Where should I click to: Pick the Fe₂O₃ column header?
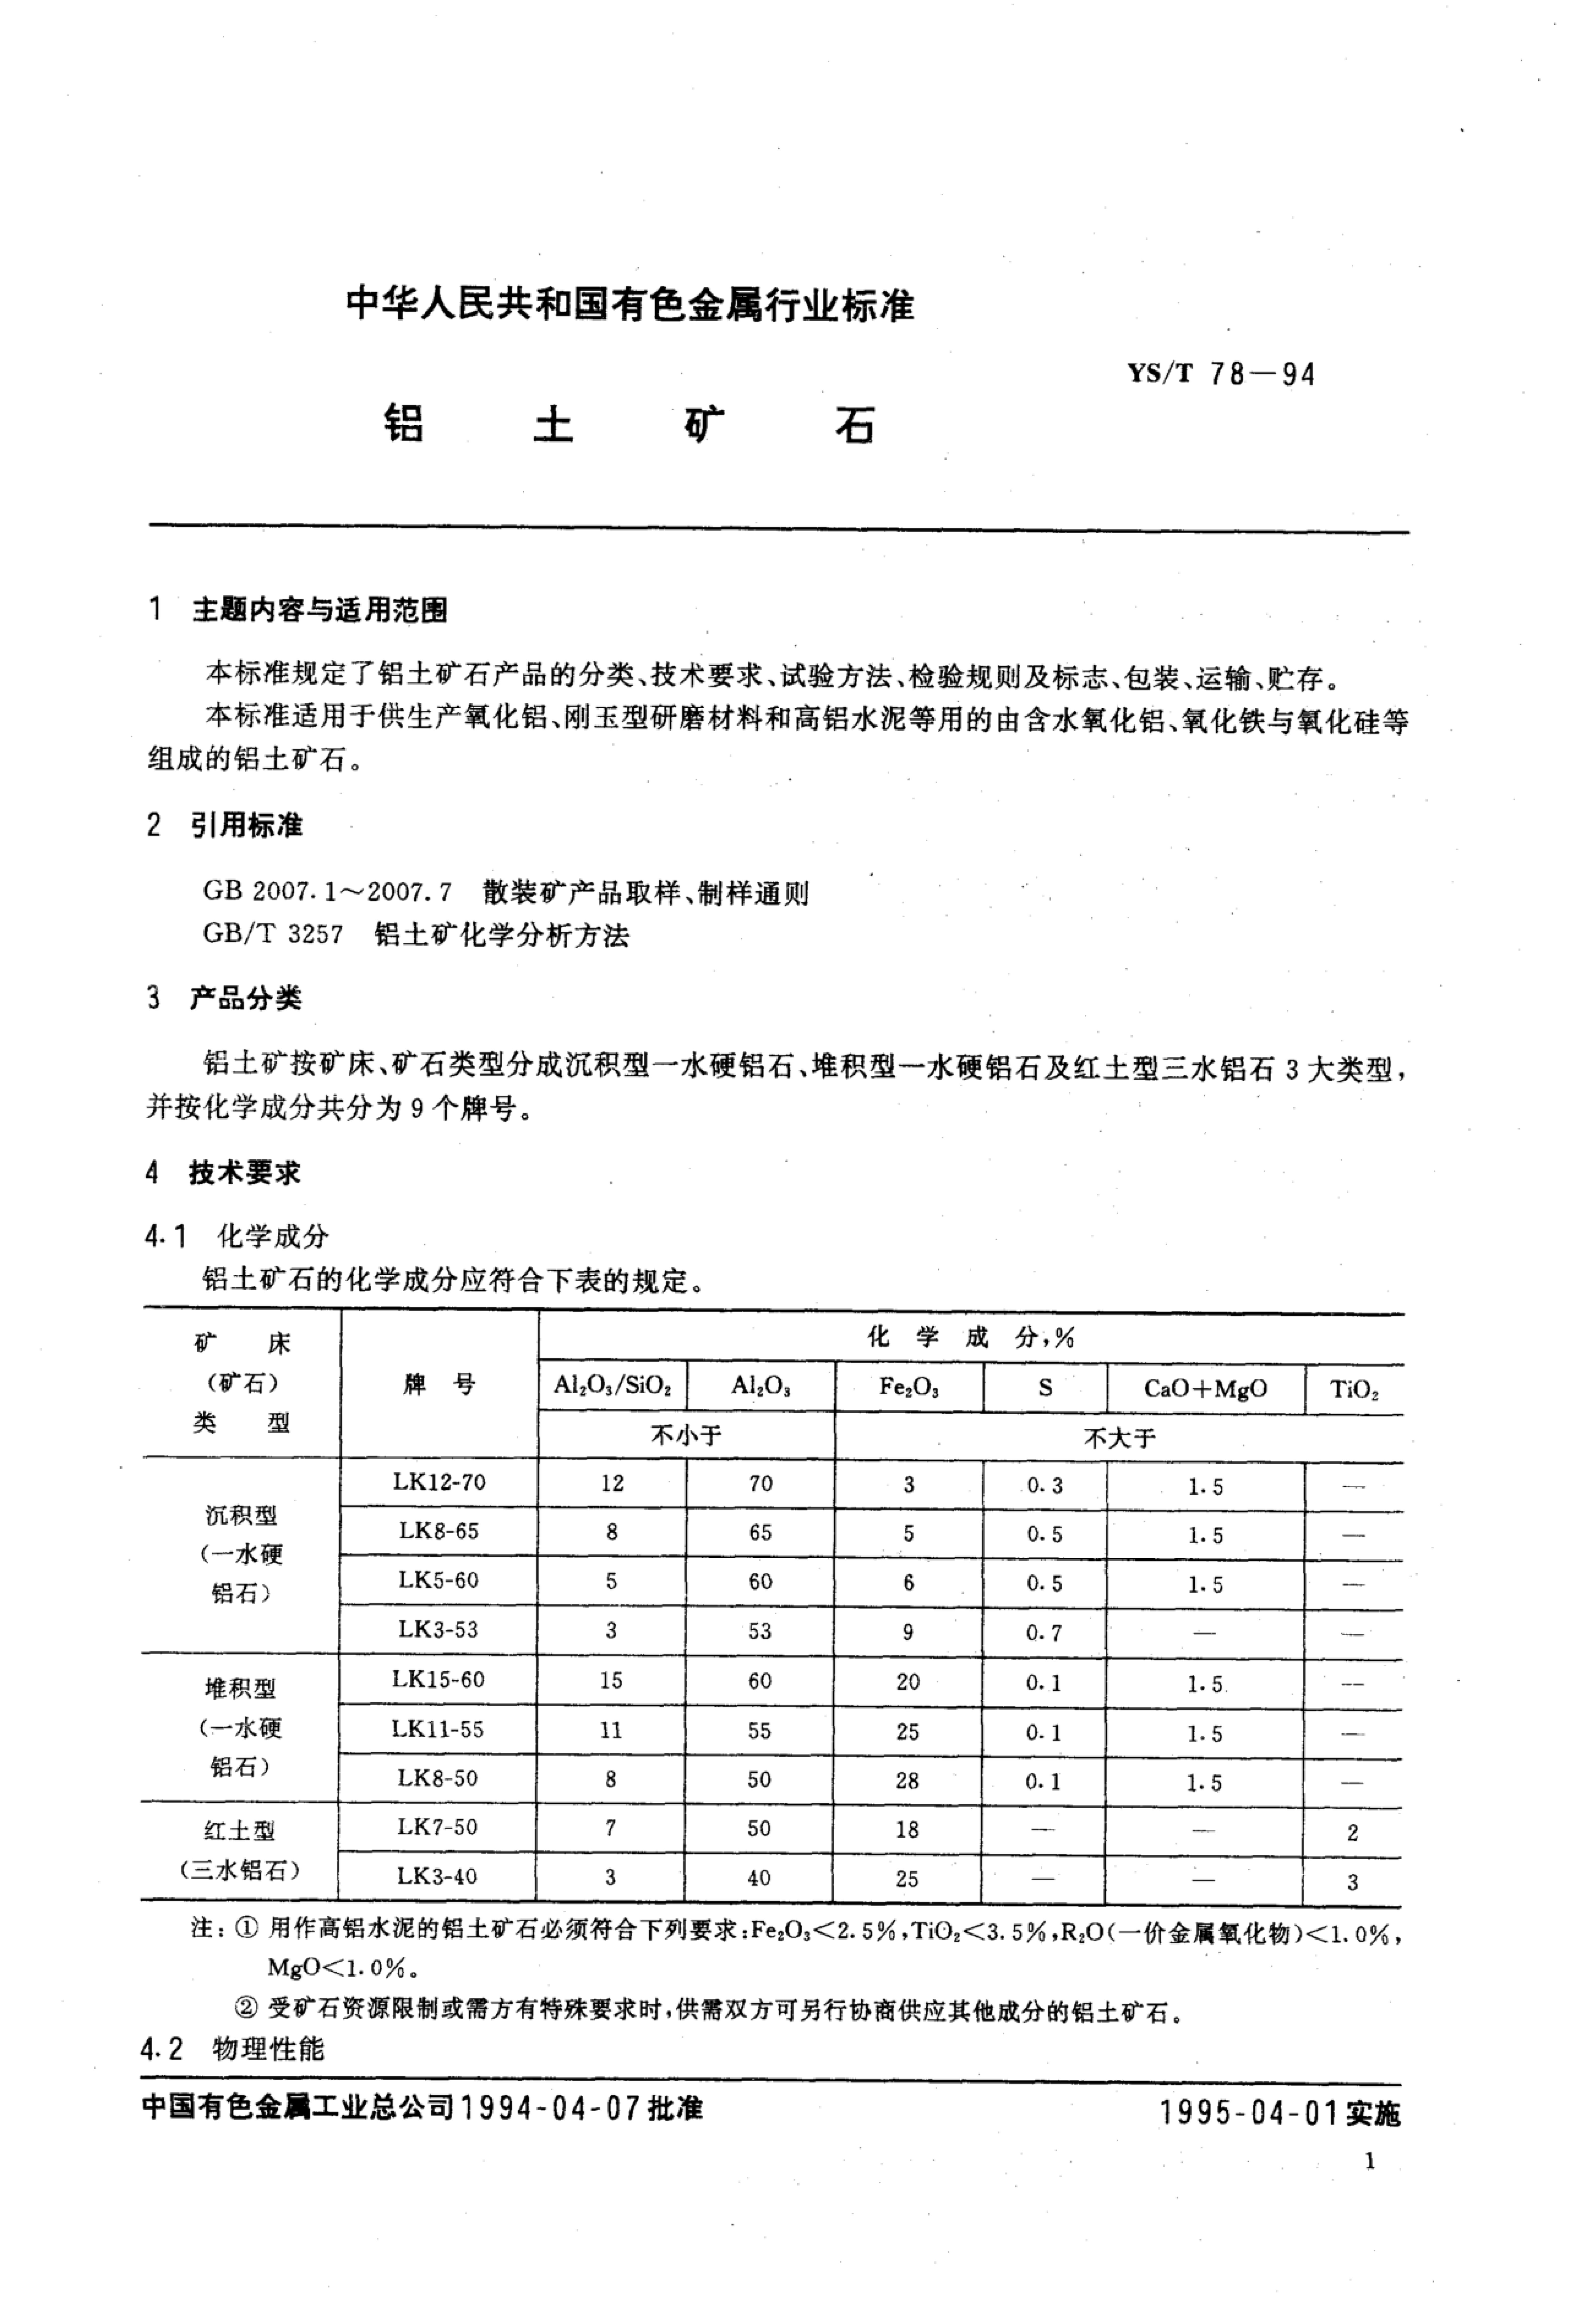point(909,1387)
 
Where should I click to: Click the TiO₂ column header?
point(1353,1388)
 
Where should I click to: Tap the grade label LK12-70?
point(438,1481)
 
